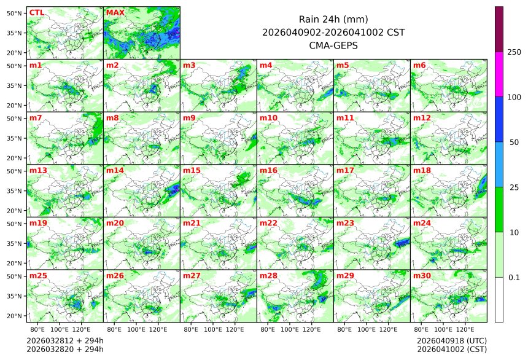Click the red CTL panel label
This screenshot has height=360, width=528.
pyautogui.click(x=36, y=12)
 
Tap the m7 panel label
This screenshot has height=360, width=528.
pyautogui.click(x=36, y=117)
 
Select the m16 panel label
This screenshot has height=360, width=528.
pyautogui.click(x=268, y=170)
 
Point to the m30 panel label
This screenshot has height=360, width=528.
pyautogui.click(x=422, y=276)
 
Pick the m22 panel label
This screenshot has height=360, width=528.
pyautogui.click(x=268, y=223)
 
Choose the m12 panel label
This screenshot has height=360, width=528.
pyautogui.click(x=422, y=117)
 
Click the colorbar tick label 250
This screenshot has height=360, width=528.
pyautogui.click(x=514, y=52)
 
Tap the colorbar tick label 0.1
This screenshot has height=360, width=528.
pyautogui.click(x=514, y=278)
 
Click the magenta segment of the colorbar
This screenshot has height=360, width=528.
pyautogui.click(x=499, y=74)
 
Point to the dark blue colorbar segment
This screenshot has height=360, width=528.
pyautogui.click(x=499, y=119)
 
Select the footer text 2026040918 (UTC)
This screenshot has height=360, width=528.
pyautogui.click(x=451, y=340)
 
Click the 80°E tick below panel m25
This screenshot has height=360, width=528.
pyautogui.click(x=45, y=329)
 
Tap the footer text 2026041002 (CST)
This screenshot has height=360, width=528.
pyautogui.click(x=451, y=349)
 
